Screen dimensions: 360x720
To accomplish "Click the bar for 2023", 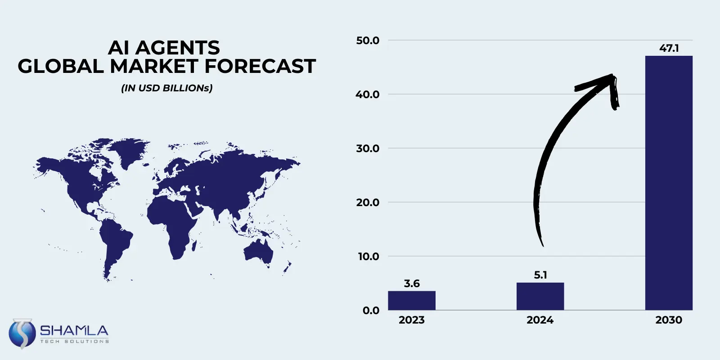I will [411, 300].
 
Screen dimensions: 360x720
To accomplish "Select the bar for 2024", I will [540, 296].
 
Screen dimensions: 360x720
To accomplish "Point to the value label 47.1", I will [669, 48].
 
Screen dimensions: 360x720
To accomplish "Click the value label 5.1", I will [540, 275].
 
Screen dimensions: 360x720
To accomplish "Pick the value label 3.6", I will [411, 283].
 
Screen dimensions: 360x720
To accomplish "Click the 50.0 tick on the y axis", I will [368, 40].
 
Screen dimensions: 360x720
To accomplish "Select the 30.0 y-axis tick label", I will [368, 148].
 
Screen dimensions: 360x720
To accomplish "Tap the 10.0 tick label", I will [368, 256].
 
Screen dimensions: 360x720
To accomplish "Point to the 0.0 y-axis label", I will [371, 310].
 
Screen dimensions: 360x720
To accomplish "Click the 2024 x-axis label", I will [540, 320].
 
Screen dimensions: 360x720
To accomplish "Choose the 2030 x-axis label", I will [668, 320].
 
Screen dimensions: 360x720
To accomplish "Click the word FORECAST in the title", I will [260, 66].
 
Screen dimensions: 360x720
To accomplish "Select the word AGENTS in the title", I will [178, 48].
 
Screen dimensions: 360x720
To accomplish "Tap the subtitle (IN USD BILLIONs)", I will [166, 88].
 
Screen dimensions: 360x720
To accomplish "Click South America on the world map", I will [114, 243].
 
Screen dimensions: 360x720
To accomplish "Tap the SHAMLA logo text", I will [74, 331].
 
